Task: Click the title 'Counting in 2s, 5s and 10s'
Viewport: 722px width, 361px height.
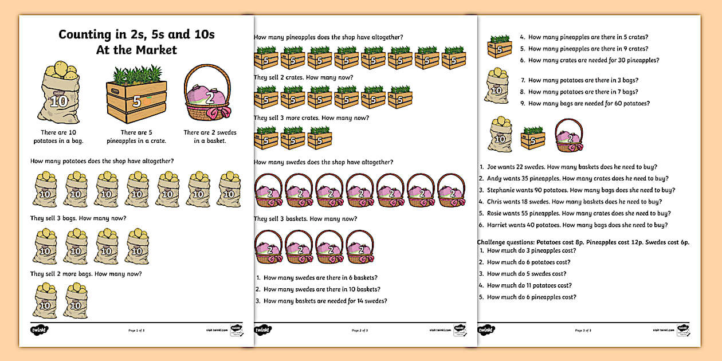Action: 136,34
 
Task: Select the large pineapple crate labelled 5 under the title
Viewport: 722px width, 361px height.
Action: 136,97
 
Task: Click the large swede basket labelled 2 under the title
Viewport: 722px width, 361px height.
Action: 208,94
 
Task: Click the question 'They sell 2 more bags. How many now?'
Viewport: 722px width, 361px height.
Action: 86,273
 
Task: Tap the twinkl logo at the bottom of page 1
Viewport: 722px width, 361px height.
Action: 39,330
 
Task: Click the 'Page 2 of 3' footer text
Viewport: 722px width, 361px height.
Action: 360,330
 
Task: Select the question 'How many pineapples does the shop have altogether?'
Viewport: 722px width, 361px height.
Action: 328,37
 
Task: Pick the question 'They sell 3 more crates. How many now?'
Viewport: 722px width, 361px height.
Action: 311,117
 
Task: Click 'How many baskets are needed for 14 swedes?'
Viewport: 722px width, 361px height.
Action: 325,301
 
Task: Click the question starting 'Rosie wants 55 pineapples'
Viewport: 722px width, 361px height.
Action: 577,213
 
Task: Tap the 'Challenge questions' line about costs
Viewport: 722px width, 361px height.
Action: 583,242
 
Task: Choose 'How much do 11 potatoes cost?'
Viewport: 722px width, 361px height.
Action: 529,285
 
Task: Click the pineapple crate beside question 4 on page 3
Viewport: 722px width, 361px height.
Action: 500,46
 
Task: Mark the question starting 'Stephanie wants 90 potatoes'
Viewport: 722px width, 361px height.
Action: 580,190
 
